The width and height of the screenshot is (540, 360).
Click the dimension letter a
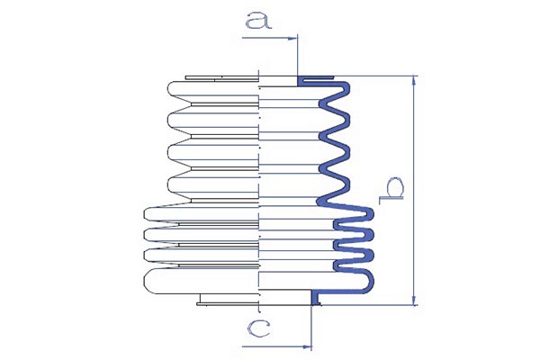pos(258,20)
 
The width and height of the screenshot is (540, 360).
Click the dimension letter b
pos(391,190)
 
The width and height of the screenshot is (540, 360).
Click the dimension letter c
pos(258,328)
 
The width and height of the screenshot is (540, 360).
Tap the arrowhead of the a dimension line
pos(292,38)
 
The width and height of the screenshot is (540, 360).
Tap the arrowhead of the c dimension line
pos(307,346)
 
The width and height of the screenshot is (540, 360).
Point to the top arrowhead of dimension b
pos(414,81)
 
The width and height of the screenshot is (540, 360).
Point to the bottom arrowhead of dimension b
pos(414,300)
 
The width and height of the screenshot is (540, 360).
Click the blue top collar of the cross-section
pos(315,79)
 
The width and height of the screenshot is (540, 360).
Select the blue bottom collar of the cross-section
pos(316,298)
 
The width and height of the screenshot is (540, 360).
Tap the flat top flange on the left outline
pos(221,78)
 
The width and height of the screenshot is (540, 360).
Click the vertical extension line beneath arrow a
pos(297,57)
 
